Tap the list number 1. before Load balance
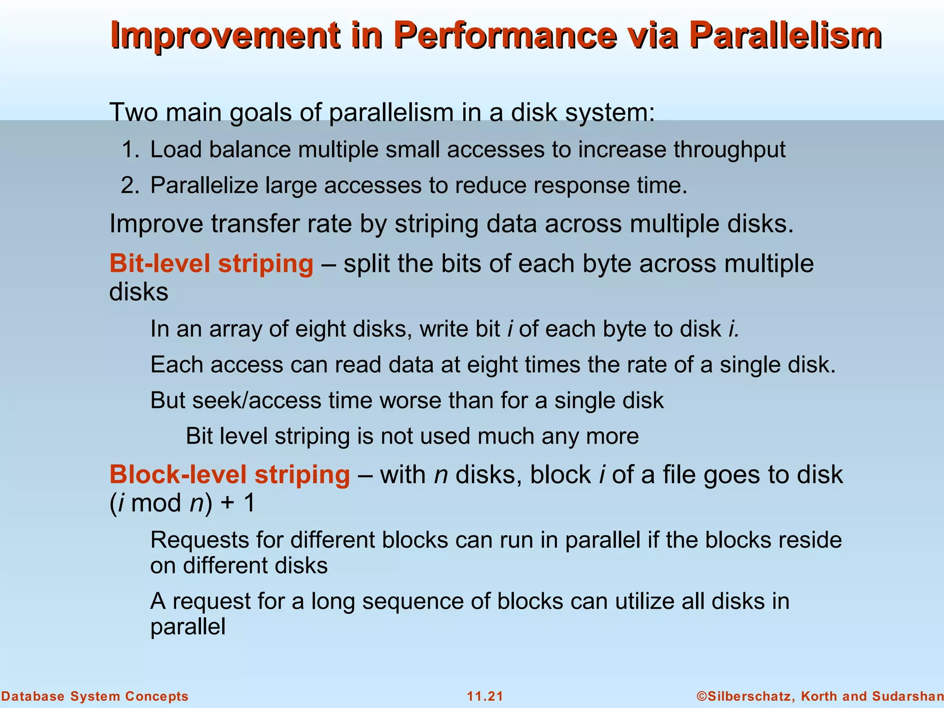[x=130, y=150]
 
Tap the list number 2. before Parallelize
[x=130, y=185]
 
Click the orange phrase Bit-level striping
[x=211, y=264]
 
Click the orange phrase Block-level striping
[x=230, y=474]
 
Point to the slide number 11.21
[x=485, y=696]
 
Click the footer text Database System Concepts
[x=94, y=696]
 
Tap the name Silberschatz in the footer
[x=749, y=696]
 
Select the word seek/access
[x=256, y=400]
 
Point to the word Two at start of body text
[x=134, y=112]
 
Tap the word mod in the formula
[x=156, y=502]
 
